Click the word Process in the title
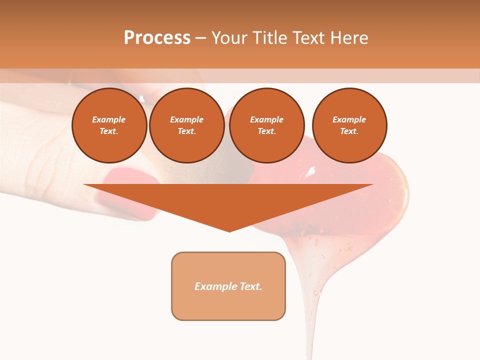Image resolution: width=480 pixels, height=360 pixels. click(x=157, y=38)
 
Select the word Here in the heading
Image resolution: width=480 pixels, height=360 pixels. click(x=349, y=38)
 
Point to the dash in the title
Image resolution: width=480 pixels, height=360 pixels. click(x=200, y=38)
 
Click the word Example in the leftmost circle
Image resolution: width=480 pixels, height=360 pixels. click(x=109, y=119)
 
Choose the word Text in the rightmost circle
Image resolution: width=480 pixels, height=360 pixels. click(x=349, y=131)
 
